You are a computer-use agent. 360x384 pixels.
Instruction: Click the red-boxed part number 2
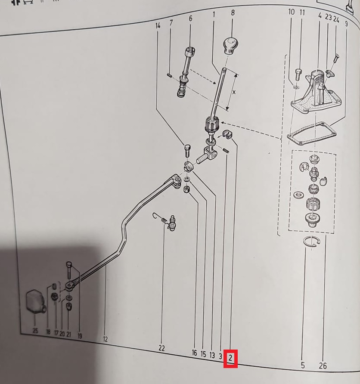[x=230, y=358]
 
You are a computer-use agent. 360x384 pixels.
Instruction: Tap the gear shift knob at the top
[x=230, y=46]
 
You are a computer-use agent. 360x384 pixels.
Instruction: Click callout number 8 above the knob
[x=233, y=12]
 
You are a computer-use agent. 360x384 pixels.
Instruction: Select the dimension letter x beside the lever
[x=234, y=92]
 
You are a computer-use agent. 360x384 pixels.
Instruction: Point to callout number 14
[x=158, y=25]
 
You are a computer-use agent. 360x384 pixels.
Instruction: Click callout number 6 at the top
[x=190, y=19]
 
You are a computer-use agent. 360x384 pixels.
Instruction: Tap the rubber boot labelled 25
[x=35, y=302]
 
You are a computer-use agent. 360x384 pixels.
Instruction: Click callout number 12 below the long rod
[x=106, y=339]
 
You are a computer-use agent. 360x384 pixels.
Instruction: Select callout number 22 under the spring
[x=162, y=348]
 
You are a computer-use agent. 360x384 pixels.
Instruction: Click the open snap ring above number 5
[x=312, y=242]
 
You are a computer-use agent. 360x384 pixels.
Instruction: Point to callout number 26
[x=323, y=366]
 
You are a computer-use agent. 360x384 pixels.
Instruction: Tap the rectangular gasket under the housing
[x=311, y=134]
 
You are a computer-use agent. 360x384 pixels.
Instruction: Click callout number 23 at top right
[x=328, y=17]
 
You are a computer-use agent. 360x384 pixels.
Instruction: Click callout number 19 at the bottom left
[x=80, y=336]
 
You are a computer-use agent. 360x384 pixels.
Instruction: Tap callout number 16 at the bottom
[x=195, y=353]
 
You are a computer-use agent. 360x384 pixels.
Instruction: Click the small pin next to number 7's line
[x=168, y=75]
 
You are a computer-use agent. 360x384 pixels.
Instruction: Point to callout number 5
[x=303, y=365]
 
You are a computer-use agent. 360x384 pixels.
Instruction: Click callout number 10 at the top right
[x=292, y=11]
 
